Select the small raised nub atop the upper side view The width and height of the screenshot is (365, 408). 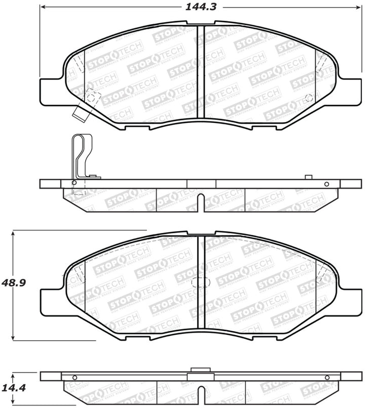307,177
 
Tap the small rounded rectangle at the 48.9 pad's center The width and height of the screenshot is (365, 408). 201,285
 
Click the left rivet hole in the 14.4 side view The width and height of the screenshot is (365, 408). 75,377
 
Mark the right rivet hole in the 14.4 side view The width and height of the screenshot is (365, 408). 326,377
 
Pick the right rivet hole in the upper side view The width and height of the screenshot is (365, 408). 326,183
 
